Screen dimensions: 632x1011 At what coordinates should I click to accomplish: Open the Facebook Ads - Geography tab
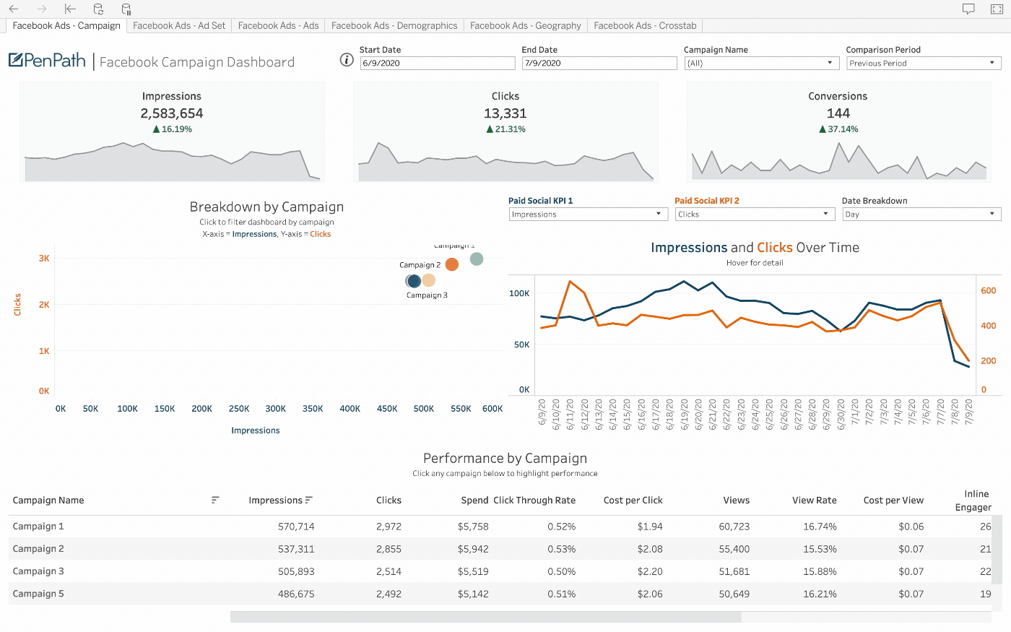525,25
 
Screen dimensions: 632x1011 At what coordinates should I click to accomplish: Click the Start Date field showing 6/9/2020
437,64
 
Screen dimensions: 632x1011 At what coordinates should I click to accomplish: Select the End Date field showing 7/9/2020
599,64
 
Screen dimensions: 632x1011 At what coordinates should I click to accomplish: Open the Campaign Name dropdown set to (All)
760,64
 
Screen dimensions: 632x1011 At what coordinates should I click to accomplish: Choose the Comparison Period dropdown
923,64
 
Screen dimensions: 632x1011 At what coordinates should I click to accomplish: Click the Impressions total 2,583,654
172,113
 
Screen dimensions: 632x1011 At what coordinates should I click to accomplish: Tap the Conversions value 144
838,113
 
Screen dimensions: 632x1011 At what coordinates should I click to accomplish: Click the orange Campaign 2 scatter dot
452,264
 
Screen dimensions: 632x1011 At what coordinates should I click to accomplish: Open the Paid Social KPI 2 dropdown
755,215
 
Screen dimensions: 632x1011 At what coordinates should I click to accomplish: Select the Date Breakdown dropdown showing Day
921,215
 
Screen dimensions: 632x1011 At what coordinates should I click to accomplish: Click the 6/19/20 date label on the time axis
684,414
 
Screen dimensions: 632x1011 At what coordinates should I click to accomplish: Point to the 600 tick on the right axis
989,290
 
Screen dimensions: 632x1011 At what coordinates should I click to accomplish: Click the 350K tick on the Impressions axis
313,409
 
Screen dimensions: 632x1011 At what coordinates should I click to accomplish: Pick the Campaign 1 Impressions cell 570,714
296,527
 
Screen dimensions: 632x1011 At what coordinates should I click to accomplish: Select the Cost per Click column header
633,500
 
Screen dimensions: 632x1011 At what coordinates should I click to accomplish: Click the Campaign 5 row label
38,594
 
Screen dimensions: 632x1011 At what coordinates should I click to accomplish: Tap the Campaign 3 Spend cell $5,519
473,571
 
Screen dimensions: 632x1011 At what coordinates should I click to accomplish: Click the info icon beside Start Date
347,60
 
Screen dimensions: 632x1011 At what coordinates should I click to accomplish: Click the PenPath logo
48,61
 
